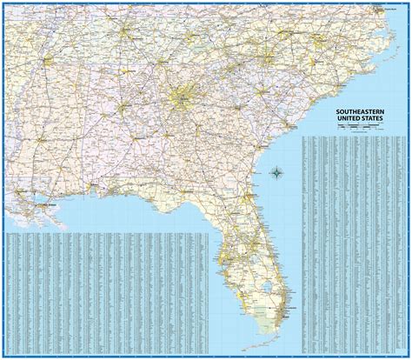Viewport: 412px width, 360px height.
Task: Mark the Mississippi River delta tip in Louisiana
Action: (65, 228)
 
